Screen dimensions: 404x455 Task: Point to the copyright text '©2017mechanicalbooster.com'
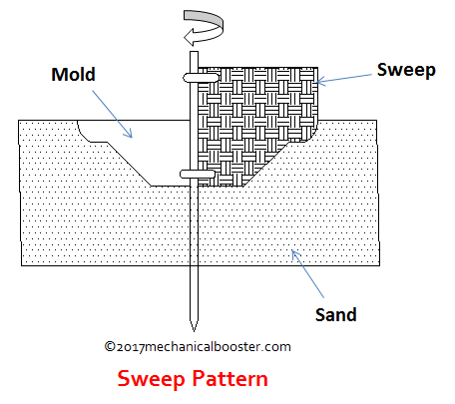click(x=197, y=347)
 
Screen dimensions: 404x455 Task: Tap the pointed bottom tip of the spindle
click(x=194, y=325)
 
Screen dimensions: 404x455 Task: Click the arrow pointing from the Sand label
click(x=305, y=269)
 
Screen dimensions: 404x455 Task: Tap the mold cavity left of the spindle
click(x=150, y=150)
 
